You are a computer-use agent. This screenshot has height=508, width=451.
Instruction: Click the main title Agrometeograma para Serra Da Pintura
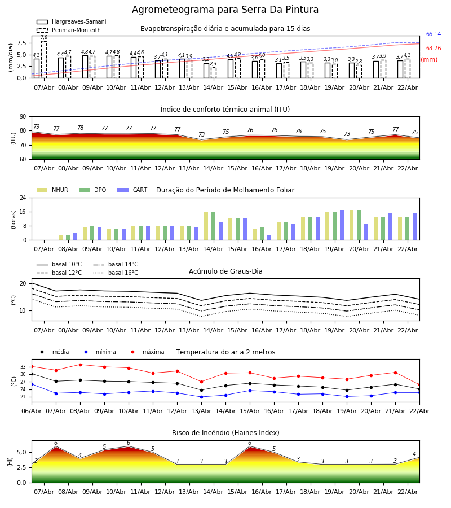(225, 10)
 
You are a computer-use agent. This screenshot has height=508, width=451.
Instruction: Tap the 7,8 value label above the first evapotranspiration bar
(44, 37)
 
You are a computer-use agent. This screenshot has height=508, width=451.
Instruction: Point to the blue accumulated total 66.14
(433, 34)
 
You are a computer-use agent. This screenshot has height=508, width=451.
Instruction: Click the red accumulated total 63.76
(433, 49)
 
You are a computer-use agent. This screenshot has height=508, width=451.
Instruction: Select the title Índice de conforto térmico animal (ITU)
(225, 110)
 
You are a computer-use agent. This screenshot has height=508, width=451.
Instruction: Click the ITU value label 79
(36, 127)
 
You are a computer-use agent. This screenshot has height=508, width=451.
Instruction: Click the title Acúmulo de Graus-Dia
(225, 271)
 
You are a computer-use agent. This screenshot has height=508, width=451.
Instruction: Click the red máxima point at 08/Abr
(80, 365)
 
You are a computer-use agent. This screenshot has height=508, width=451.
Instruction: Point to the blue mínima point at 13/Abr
(201, 397)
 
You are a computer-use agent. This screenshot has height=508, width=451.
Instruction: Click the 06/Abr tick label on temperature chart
(32, 410)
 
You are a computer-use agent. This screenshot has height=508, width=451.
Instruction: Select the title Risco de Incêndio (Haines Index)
(225, 433)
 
